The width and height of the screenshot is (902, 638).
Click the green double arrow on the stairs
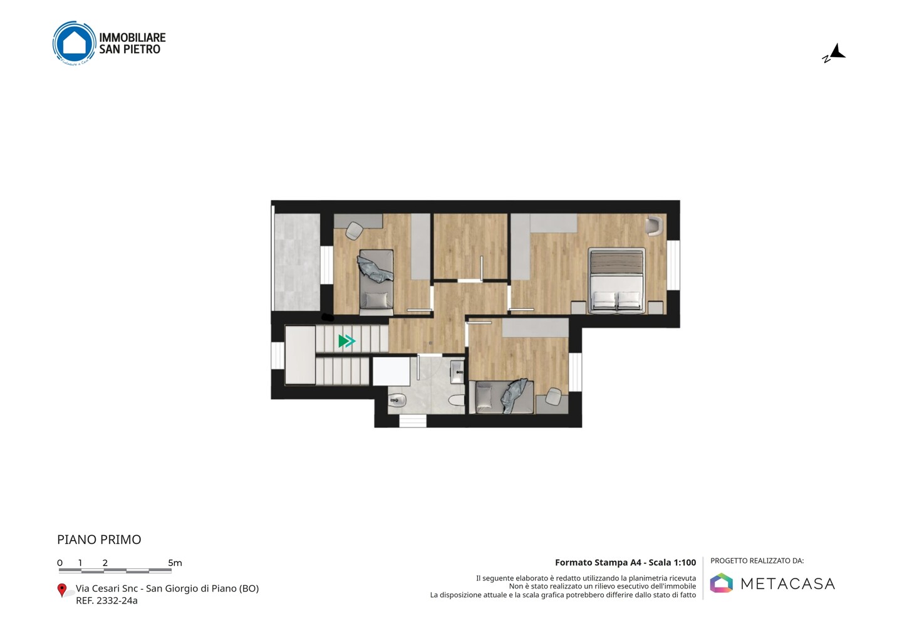[x=347, y=341]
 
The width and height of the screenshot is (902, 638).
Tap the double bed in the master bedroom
[x=616, y=280]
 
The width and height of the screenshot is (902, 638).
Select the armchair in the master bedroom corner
[x=653, y=226]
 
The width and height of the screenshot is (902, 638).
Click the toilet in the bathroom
[x=456, y=400]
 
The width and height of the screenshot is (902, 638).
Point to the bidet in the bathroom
[x=397, y=400]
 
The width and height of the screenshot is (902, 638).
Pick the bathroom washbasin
[x=457, y=372]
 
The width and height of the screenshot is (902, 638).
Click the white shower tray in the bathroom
[x=391, y=371]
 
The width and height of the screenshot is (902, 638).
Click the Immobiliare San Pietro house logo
[x=75, y=43]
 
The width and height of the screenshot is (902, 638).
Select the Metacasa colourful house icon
[x=721, y=583]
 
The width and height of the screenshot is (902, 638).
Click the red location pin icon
[x=61, y=590]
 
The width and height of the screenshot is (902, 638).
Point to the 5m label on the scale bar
[x=175, y=563]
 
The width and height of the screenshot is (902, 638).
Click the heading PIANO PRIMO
[x=99, y=540]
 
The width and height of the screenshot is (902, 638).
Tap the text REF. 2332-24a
[x=106, y=600]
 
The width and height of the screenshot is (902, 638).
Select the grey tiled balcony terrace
[x=297, y=262]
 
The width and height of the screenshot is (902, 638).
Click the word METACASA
[x=787, y=584]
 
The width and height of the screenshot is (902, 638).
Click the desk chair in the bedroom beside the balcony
[x=355, y=231]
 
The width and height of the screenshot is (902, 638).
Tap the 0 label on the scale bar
[x=60, y=563]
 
